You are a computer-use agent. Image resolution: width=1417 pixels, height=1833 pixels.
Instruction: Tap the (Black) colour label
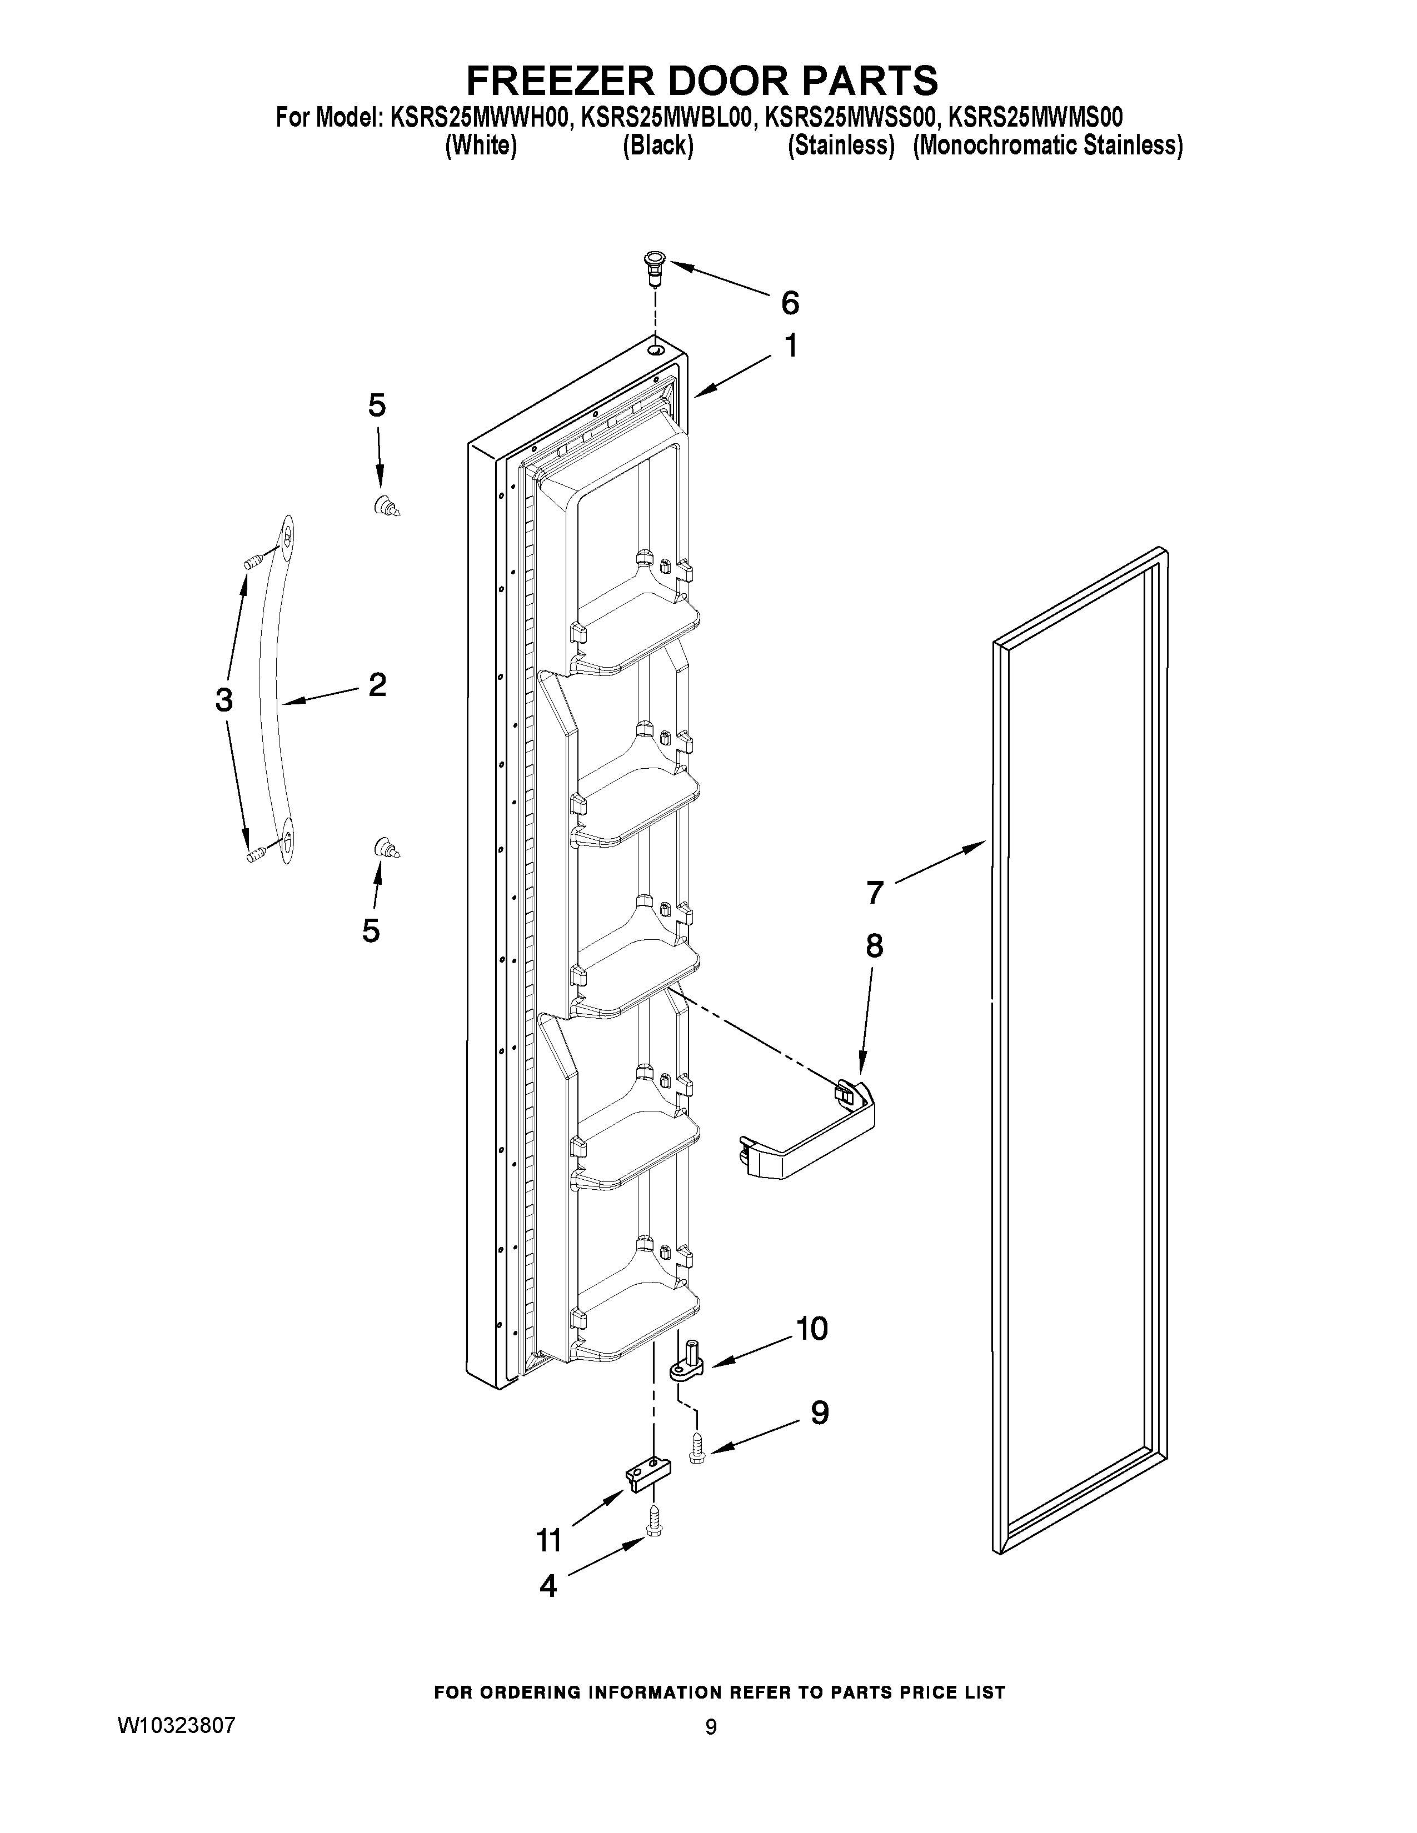click(x=657, y=146)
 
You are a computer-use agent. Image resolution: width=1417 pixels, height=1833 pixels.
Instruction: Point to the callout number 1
click(x=790, y=346)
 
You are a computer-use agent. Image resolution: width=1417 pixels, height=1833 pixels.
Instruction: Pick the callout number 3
click(x=223, y=699)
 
